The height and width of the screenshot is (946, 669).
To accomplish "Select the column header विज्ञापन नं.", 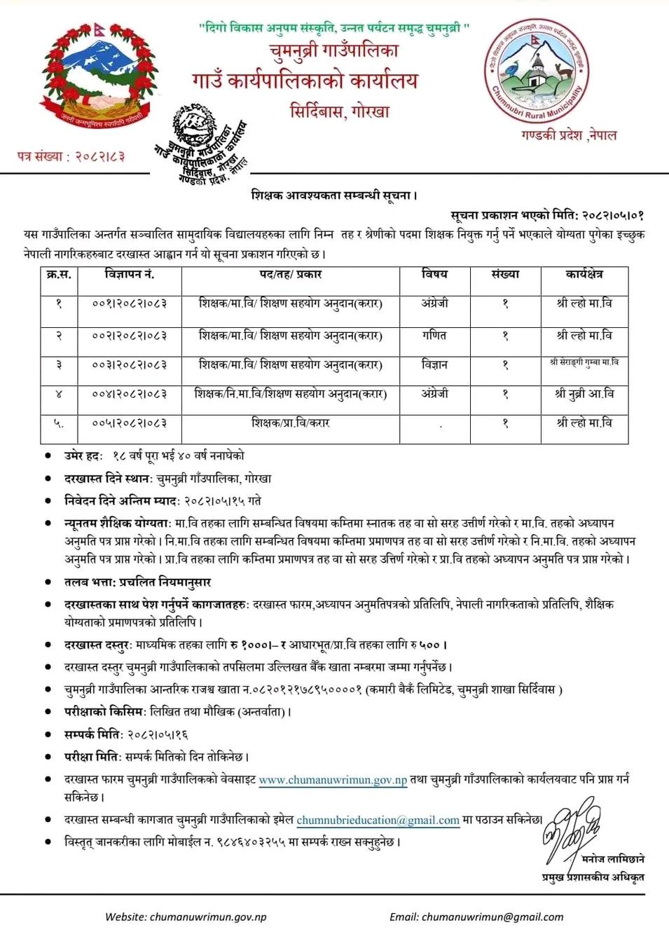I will click(x=130, y=274).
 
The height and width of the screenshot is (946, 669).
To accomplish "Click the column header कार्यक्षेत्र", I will click(x=584, y=274).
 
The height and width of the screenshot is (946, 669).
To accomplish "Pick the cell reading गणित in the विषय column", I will click(x=434, y=336).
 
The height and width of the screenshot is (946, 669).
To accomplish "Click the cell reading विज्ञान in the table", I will click(x=434, y=365).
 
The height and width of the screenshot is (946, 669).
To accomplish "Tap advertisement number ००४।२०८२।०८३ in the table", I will click(x=130, y=395).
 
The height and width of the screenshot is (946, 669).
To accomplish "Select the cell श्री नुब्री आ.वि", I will click(x=584, y=395).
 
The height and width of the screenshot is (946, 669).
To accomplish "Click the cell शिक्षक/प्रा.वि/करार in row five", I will click(x=290, y=423).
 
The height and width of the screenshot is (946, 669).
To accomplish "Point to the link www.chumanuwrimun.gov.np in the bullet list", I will click(x=333, y=779).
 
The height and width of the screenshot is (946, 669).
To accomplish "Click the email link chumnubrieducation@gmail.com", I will click(x=378, y=820).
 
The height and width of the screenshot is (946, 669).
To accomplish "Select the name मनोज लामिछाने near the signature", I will click(x=612, y=858).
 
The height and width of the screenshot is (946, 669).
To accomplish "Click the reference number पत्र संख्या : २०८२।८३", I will click(x=71, y=156).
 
